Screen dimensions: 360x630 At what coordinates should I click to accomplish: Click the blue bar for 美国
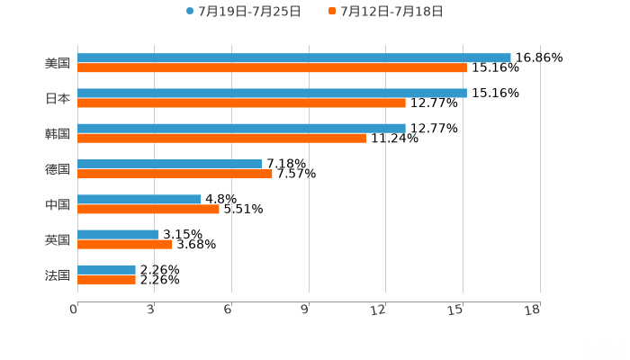pos(294,58)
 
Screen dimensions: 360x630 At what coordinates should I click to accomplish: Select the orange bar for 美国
pos(272,67)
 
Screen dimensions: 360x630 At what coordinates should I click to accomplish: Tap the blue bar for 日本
pos(272,93)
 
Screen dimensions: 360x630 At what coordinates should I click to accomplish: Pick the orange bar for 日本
pos(241,103)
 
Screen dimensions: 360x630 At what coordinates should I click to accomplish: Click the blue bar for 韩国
pos(241,128)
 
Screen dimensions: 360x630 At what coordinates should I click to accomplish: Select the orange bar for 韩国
pos(221,138)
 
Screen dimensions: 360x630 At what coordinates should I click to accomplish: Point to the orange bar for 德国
pos(175,174)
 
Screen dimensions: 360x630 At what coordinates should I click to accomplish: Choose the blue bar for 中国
pos(139,199)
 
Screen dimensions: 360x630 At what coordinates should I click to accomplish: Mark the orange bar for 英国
pos(125,244)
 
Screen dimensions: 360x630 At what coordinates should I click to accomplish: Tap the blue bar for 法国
pos(106,269)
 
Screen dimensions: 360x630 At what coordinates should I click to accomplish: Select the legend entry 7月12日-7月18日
pos(391,12)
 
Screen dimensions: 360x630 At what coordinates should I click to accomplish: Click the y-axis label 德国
pos(58,169)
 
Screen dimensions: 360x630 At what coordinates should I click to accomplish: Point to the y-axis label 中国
pos(58,204)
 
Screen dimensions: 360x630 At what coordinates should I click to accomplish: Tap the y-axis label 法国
pos(58,274)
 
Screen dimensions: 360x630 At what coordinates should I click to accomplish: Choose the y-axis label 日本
pos(58,99)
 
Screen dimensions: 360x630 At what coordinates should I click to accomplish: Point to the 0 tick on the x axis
pos(74,310)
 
